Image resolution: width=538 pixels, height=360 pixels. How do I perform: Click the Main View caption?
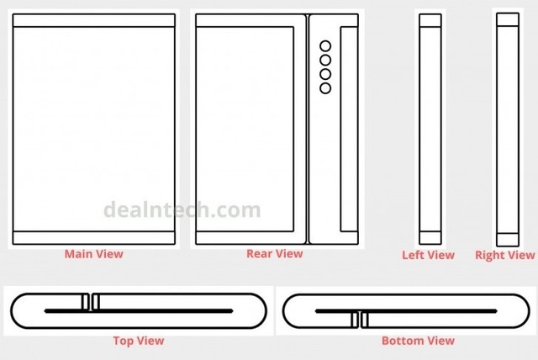[93, 254]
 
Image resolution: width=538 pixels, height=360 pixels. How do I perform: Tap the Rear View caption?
[275, 254]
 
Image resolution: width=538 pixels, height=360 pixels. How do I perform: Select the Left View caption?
[428, 255]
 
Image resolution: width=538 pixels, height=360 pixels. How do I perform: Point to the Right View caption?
[504, 255]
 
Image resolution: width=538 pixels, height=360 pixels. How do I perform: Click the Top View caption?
[139, 341]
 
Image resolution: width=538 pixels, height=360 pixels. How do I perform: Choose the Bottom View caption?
[418, 341]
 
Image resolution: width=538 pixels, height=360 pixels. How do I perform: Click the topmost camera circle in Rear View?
[325, 46]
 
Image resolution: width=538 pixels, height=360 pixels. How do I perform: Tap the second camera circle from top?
[325, 60]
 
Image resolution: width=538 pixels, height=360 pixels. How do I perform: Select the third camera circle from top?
[325, 74]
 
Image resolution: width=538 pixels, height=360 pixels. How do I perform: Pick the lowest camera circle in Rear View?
[325, 88]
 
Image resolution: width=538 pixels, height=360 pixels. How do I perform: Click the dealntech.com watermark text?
[182, 209]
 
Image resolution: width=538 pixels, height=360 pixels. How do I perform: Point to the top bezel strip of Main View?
[93, 20]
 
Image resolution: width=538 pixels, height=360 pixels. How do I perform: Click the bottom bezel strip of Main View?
[93, 238]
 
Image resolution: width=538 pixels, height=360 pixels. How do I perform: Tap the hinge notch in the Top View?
[91, 302]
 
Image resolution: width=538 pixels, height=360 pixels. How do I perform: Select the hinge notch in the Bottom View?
[360, 320]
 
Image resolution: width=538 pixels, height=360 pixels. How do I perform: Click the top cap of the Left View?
[430, 20]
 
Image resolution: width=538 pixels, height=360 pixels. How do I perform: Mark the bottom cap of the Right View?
[508, 240]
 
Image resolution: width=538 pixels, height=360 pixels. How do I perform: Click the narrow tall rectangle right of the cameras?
[349, 129]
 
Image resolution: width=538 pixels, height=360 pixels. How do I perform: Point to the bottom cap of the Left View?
[430, 238]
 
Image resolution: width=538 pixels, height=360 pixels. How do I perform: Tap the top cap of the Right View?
[508, 19]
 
